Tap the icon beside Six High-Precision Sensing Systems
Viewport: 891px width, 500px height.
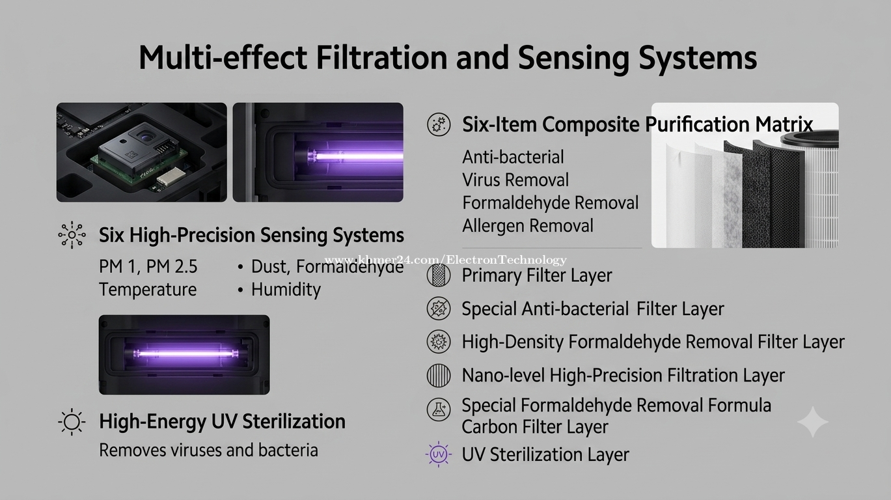tap(72, 234)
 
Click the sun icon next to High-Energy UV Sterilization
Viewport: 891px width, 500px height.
tap(72, 422)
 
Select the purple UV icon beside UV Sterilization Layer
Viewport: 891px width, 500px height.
tap(438, 454)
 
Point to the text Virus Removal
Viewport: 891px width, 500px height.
tap(515, 180)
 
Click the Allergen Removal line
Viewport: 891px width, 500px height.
tap(527, 225)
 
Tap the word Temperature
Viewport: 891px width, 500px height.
tap(148, 289)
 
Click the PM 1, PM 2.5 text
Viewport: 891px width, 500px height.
tap(148, 266)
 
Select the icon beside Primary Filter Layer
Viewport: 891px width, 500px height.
tap(438, 275)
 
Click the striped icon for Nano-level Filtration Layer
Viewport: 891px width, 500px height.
tap(438, 375)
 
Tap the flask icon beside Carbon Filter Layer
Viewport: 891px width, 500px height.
tap(438, 410)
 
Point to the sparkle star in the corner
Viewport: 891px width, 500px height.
tap(813, 422)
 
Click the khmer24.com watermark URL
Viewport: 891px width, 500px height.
tap(445, 260)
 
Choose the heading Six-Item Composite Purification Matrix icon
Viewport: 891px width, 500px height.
tap(438, 124)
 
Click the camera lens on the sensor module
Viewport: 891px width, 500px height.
tap(146, 138)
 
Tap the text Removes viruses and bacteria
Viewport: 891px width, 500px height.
tap(208, 451)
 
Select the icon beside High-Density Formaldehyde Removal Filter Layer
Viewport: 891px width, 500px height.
tap(438, 342)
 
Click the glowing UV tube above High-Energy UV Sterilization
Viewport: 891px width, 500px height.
tap(185, 354)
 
